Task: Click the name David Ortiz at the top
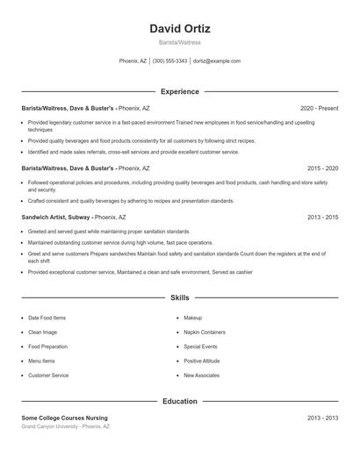click(x=180, y=28)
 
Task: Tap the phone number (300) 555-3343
click(x=169, y=61)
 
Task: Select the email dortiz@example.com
click(x=217, y=61)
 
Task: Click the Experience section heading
click(x=180, y=91)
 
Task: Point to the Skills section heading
click(x=180, y=298)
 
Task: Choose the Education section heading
click(x=180, y=401)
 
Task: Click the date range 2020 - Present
click(x=319, y=108)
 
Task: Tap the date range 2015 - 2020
click(x=322, y=168)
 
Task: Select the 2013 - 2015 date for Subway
click(x=322, y=217)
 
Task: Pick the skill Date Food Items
click(x=47, y=318)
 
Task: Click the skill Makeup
click(x=192, y=318)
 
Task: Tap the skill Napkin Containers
click(x=204, y=333)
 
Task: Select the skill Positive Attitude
click(x=202, y=361)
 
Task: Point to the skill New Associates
click(x=201, y=376)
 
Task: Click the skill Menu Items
click(x=41, y=361)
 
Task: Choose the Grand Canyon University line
click(x=65, y=426)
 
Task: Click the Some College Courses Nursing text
click(x=65, y=418)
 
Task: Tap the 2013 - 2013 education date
click(x=322, y=418)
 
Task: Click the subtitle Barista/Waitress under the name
click(x=180, y=42)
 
